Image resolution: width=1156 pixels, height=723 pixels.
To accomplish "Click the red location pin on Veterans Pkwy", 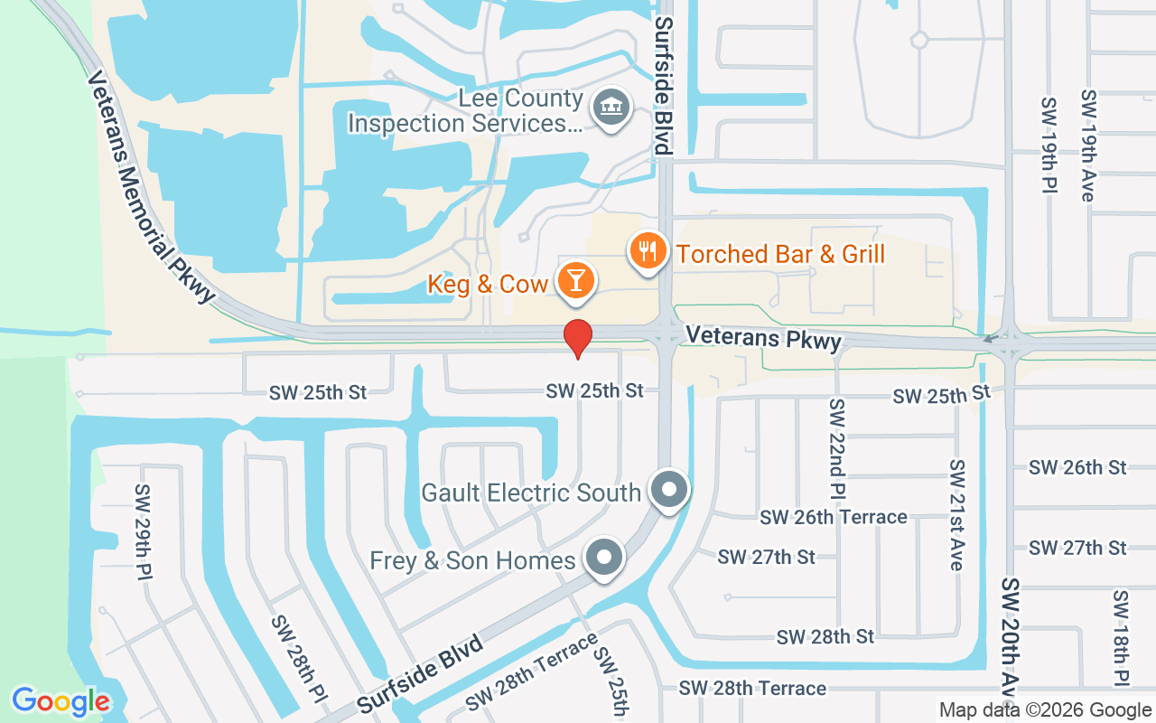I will coord(578,339).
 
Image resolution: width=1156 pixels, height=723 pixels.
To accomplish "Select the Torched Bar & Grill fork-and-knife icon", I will coord(647,250).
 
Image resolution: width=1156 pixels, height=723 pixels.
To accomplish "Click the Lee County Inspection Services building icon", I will coord(611,108).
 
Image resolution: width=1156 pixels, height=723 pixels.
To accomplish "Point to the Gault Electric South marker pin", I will coord(669,491).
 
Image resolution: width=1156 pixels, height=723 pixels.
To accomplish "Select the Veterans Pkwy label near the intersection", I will coord(763,338).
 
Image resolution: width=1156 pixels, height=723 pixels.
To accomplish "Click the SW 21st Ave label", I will coord(956,514).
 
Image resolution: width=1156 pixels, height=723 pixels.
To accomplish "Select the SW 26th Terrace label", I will coord(833,517).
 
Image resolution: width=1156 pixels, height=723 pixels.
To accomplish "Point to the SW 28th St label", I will coord(825,636).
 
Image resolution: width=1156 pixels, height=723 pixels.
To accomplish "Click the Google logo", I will coord(61,701).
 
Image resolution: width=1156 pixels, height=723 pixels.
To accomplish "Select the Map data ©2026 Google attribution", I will coord(1045,710).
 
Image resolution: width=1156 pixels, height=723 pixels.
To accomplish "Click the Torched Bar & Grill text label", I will coord(780,254).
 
